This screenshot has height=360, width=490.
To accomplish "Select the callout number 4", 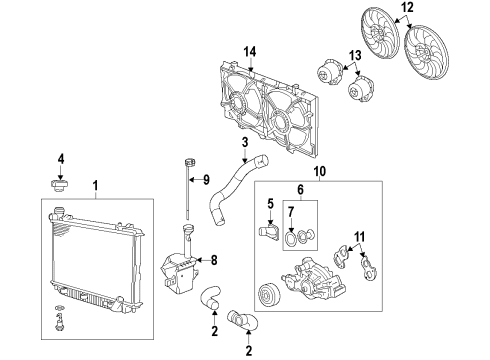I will click(x=60, y=158).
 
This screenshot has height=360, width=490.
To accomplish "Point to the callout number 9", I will click(x=205, y=181).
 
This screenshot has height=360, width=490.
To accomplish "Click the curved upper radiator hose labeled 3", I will click(x=225, y=195).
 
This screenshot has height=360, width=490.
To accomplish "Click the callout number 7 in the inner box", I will click(x=291, y=212).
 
